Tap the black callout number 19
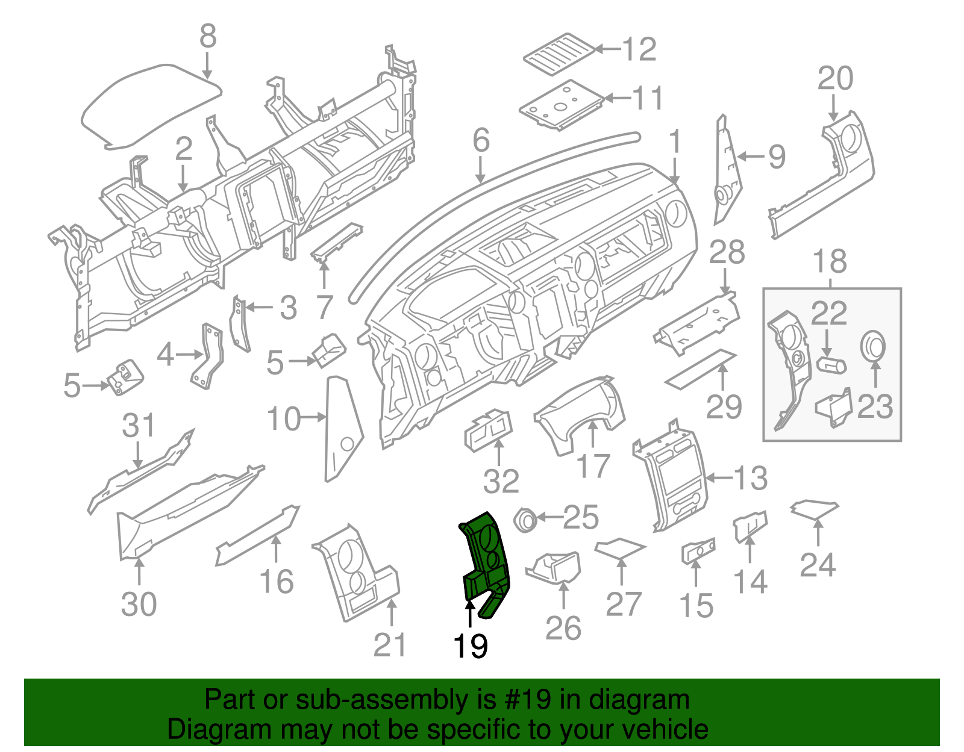470,647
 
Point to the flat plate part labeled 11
560,105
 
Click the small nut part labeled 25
525,519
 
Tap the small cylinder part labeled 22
831,365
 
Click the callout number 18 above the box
830,262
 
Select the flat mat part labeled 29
701,368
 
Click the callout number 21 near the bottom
390,645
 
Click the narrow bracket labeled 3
240,324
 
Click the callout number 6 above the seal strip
481,140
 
